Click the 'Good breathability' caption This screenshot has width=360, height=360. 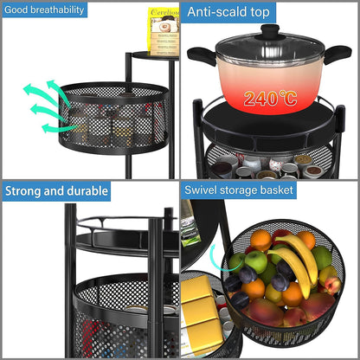point(45,10)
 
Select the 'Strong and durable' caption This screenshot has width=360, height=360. point(57,190)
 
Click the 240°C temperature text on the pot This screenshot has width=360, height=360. point(271,97)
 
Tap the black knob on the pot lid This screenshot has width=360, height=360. point(270,31)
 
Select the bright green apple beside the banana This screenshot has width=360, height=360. point(256,261)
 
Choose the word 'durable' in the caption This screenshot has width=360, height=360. point(85,190)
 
